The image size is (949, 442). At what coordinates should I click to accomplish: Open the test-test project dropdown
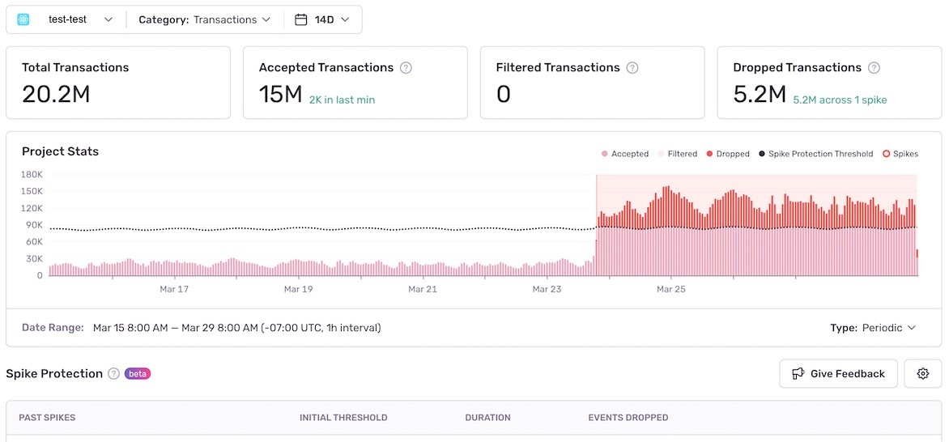pos(66,19)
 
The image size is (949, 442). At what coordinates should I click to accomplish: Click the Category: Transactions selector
pos(204,19)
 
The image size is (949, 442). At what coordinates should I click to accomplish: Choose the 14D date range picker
pos(322,19)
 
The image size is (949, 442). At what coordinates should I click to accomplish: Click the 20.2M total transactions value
pos(56,95)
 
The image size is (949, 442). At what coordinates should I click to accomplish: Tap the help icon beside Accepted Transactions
pos(406,68)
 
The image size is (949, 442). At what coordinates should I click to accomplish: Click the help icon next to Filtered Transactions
pos(632,68)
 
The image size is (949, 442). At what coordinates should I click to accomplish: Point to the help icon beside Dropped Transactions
pos(874,68)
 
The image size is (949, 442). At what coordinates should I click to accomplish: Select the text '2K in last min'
pos(342,100)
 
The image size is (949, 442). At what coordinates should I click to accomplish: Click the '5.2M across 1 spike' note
pos(840,100)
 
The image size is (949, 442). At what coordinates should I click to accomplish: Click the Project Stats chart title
pos(60,151)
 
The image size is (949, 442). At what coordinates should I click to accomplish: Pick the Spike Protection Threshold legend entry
pos(815,154)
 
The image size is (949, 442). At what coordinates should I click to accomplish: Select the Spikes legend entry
pos(900,154)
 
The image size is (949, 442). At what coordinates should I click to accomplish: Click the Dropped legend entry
pos(728,154)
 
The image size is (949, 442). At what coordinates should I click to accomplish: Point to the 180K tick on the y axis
pos(32,175)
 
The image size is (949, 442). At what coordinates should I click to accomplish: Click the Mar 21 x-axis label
pos(423,289)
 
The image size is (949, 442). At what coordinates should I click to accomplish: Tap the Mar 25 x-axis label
pos(671,289)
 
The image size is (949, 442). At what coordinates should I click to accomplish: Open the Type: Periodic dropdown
pos(873,328)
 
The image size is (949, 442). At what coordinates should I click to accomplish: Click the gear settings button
pos(922,373)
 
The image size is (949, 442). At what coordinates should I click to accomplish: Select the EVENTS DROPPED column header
pos(628,418)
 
